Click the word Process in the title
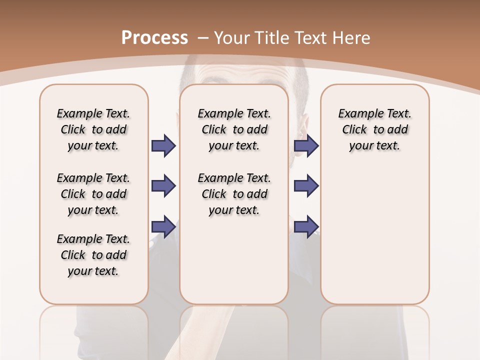[x=154, y=38]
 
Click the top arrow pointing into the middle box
[x=163, y=146]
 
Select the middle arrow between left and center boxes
[x=163, y=186]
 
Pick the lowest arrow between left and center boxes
[x=163, y=226]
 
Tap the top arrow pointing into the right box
[x=306, y=146]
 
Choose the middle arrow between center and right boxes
[x=306, y=186]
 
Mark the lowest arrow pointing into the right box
[x=306, y=226]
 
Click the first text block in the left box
[x=93, y=129]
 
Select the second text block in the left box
[x=93, y=194]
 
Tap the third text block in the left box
[x=93, y=255]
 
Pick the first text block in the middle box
[x=234, y=129]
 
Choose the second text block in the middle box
[x=234, y=194]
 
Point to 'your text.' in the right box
[x=374, y=146]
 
